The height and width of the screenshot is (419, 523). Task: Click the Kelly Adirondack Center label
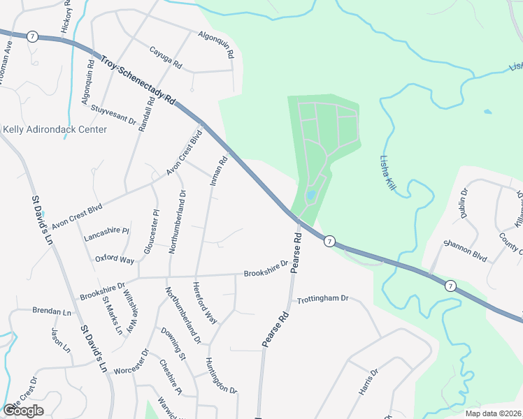point(55,130)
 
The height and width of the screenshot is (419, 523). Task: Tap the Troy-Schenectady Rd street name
point(137,80)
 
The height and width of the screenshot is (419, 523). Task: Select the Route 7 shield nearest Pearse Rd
point(329,242)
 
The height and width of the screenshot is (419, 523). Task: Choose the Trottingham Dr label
point(322,299)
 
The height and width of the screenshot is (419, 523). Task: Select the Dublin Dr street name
point(464,203)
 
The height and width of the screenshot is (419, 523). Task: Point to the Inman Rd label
point(219,170)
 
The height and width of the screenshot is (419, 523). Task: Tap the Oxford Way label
point(115,259)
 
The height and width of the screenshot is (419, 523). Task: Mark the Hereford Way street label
point(205,302)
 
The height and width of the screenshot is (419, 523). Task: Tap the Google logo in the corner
point(23,411)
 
